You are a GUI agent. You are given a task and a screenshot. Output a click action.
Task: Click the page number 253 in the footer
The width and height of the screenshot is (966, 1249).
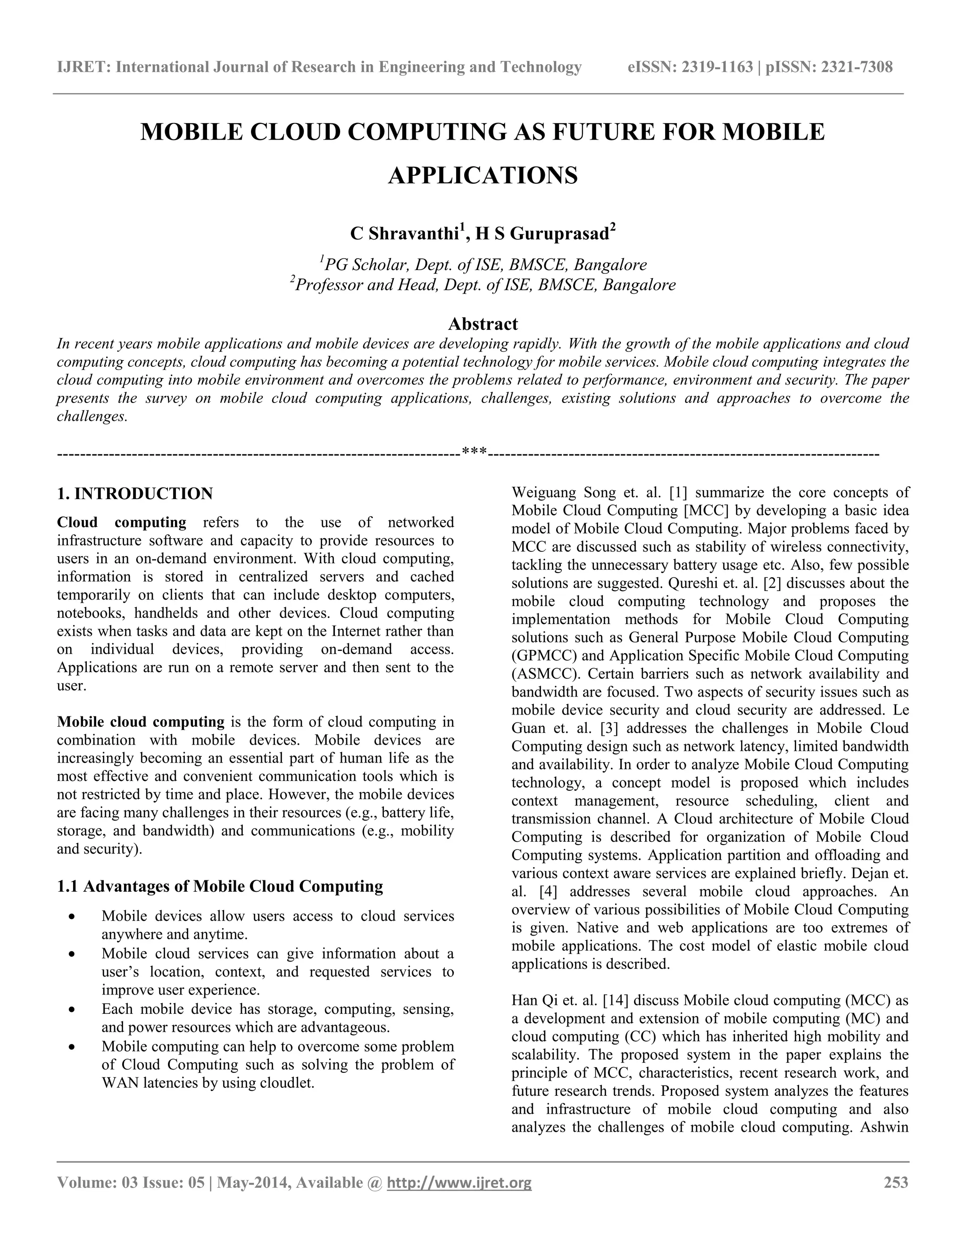pos(896,1182)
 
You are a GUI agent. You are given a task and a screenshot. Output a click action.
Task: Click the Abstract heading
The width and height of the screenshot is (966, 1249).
pos(483,324)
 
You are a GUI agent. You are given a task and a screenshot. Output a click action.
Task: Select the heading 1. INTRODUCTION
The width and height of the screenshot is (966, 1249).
pos(135,493)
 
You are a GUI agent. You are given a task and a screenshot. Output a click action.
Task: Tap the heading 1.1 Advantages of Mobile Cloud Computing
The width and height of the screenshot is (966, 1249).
pos(220,887)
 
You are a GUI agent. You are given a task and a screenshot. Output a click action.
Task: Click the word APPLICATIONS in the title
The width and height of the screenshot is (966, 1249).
pos(483,175)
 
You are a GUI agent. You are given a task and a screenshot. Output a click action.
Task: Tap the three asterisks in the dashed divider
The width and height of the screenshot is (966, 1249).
pos(474,452)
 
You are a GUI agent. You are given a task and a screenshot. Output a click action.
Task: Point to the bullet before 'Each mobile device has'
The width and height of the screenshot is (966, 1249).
pos(72,1010)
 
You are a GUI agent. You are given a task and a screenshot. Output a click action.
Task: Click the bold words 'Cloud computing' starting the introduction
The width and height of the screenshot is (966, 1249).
pos(121,522)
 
